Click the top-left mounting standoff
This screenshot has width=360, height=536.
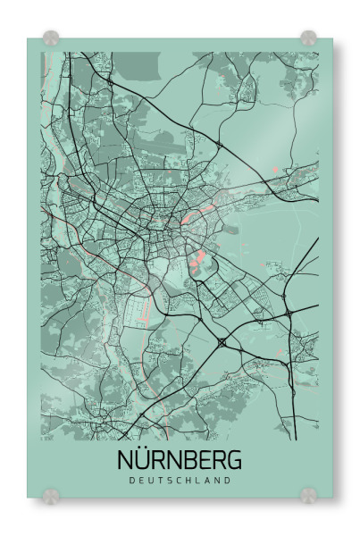tap(51, 38)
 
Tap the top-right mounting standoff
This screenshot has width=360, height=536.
tap(308, 38)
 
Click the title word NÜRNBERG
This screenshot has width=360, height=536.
tap(180, 461)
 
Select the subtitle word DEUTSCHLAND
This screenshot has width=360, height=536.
tap(180, 481)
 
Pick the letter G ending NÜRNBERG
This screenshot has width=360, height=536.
tap(233, 461)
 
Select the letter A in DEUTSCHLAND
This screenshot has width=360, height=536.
tap(208, 481)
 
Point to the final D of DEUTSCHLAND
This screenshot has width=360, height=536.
tap(229, 481)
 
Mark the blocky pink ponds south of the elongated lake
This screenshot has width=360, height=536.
tap(197, 261)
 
